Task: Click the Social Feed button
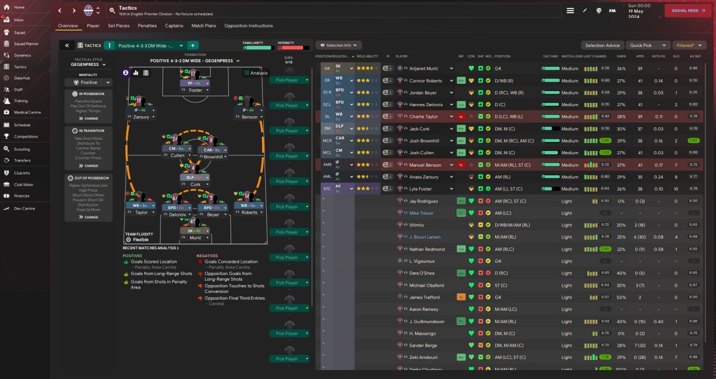pos(687,11)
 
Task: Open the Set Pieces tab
pos(119,26)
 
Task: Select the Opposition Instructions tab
pos(248,26)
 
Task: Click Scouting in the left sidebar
pos(22,149)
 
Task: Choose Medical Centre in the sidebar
pos(27,112)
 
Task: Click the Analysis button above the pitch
pos(256,73)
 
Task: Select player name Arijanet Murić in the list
pos(425,69)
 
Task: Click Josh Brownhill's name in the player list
pos(424,141)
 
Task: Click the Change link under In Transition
pos(88,165)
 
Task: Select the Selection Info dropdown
pos(339,45)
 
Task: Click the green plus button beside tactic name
pos(192,45)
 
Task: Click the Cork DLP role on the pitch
pos(195,177)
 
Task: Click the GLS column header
pos(676,56)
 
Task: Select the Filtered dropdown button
pos(688,45)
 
